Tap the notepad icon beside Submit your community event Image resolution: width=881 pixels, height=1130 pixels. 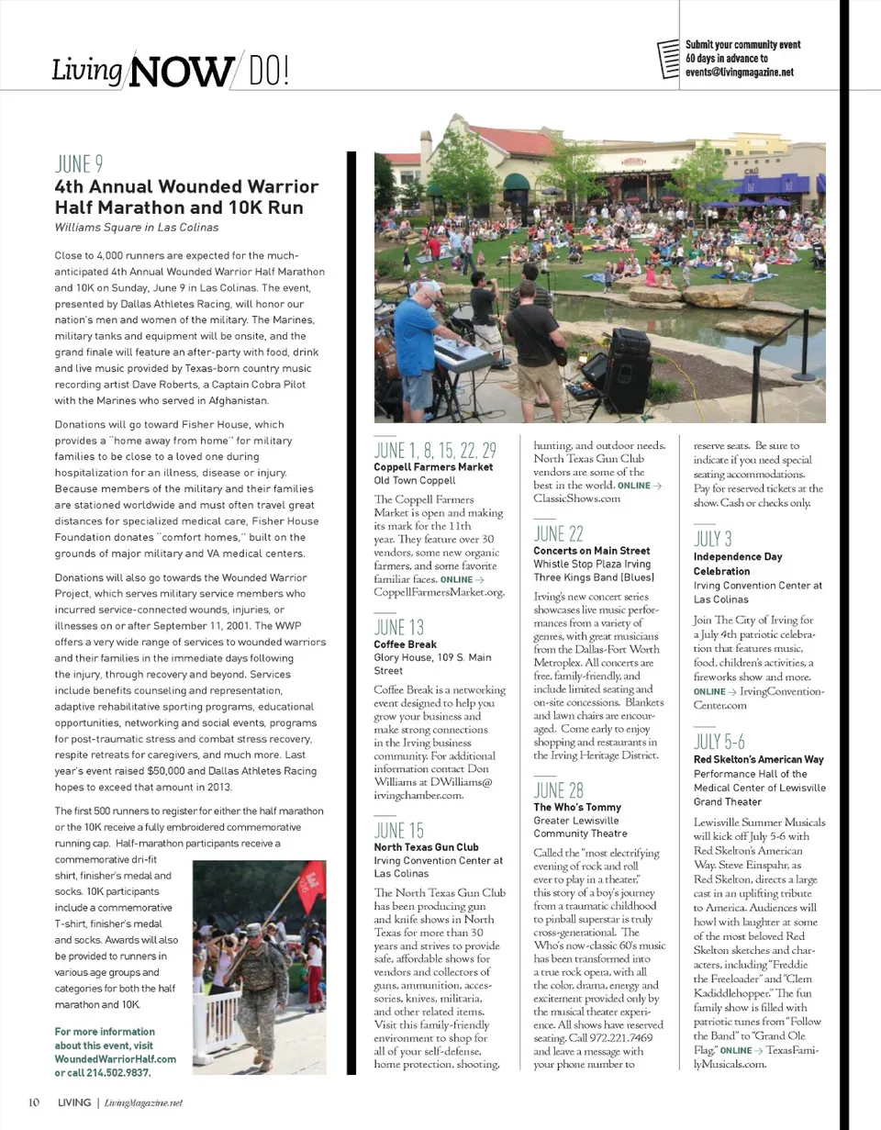(x=670, y=60)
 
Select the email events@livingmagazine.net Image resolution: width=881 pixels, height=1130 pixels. (x=740, y=73)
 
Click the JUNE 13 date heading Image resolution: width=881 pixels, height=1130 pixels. (x=399, y=627)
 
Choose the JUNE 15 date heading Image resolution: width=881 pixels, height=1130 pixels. (x=399, y=831)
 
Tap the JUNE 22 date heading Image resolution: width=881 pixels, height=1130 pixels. (x=559, y=533)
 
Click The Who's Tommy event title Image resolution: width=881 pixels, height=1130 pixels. (x=577, y=808)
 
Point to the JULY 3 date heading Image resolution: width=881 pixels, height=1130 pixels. (x=713, y=539)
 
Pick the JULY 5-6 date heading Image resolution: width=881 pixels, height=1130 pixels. (x=719, y=742)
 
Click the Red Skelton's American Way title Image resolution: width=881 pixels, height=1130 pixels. (x=759, y=760)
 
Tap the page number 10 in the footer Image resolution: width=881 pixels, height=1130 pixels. (x=33, y=1102)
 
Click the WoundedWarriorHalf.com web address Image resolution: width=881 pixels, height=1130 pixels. (x=116, y=1058)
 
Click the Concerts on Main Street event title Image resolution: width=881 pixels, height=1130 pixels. (x=592, y=551)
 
